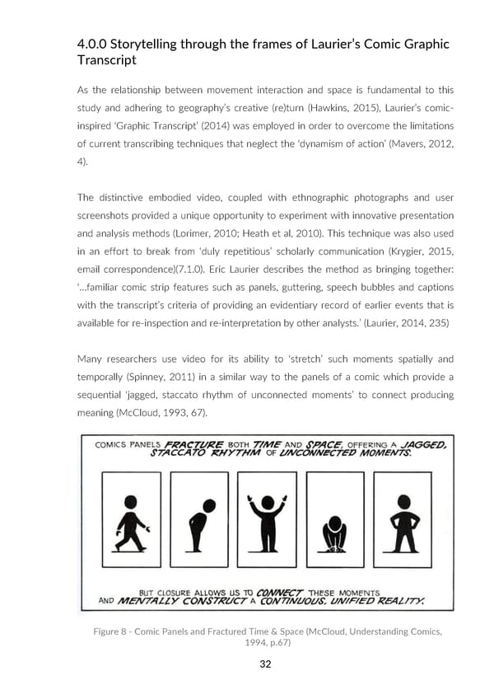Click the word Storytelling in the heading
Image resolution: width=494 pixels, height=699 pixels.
151,44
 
